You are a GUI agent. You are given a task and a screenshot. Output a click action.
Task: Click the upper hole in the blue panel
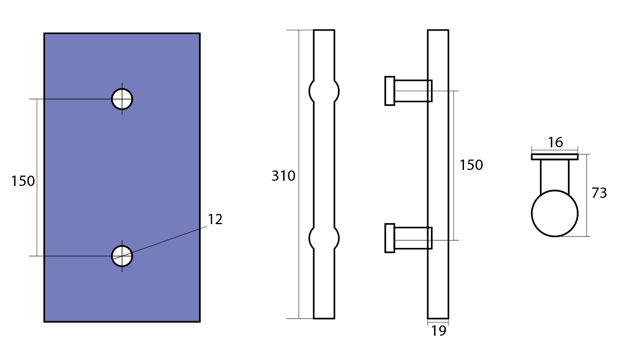pos(122,99)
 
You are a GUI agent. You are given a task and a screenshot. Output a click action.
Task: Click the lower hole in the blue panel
pos(122,256)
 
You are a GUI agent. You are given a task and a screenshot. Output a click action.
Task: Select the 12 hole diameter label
pos(215,220)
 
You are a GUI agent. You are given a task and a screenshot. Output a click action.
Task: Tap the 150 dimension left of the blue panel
pos(23,181)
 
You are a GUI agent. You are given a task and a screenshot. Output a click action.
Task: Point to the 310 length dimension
pos(283,176)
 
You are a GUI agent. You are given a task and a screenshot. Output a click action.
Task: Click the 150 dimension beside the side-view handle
pos(471,165)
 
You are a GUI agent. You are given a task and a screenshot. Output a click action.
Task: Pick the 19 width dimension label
pos(439,331)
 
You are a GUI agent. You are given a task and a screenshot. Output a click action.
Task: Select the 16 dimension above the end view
pos(555,142)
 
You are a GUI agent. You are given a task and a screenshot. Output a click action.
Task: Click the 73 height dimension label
pos(599,193)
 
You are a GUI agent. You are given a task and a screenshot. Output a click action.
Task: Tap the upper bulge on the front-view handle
pos(324,91)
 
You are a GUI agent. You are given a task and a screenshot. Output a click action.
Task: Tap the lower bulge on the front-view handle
pos(324,238)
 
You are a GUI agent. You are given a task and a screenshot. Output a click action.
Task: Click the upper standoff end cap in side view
pos(390,91)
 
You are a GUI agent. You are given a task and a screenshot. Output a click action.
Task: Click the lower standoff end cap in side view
pos(390,238)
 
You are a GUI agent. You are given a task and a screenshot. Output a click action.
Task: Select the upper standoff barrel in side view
pos(413,91)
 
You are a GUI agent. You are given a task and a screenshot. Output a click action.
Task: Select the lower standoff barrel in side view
pos(413,238)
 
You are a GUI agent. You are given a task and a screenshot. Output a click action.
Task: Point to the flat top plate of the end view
pos(554,157)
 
